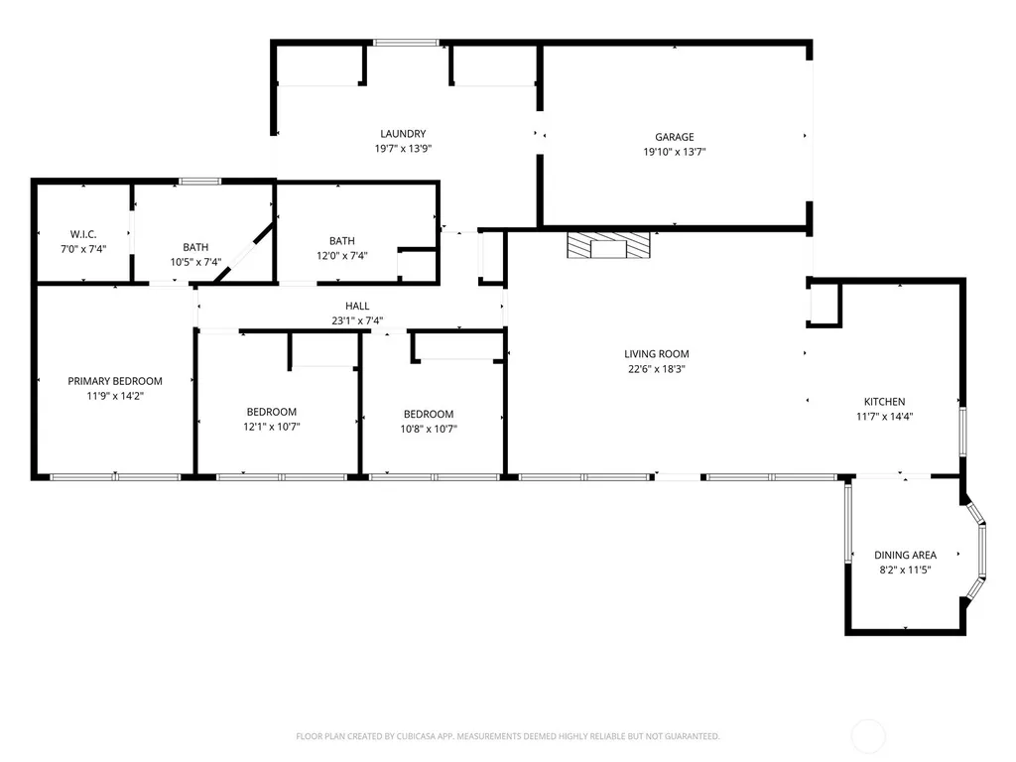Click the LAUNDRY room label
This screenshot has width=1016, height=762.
tap(403, 134)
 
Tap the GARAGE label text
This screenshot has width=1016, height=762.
tap(674, 137)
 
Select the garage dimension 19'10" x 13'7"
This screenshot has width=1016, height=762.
tap(674, 152)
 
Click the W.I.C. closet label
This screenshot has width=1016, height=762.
tap(83, 234)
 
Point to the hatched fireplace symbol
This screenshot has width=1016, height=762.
tap(608, 245)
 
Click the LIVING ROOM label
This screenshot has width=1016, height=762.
tap(657, 354)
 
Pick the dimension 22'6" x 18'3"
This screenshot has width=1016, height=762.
tap(657, 369)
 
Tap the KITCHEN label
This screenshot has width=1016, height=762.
tap(884, 402)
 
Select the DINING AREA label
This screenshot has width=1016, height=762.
tap(905, 556)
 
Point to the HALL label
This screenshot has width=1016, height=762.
tap(357, 306)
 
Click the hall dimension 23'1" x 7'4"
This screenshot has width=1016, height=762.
tap(357, 320)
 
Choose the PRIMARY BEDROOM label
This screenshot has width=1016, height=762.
tap(115, 381)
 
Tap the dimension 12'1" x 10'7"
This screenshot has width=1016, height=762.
tap(272, 427)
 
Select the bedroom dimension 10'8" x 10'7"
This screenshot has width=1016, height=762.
tap(429, 429)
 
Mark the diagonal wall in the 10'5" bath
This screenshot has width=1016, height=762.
tap(244, 253)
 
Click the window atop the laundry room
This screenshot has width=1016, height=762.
tap(406, 43)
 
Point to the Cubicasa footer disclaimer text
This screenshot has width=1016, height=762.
tap(507, 736)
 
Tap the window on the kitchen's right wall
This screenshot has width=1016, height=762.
tap(962, 432)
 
